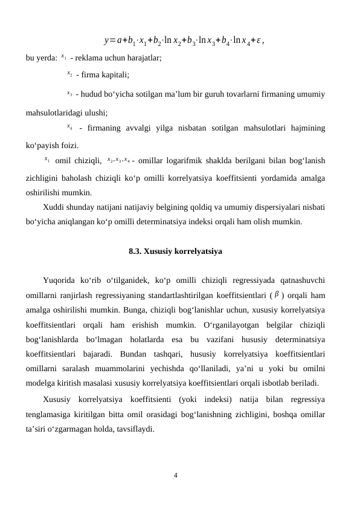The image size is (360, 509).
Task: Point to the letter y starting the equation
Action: click(x=106, y=41)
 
